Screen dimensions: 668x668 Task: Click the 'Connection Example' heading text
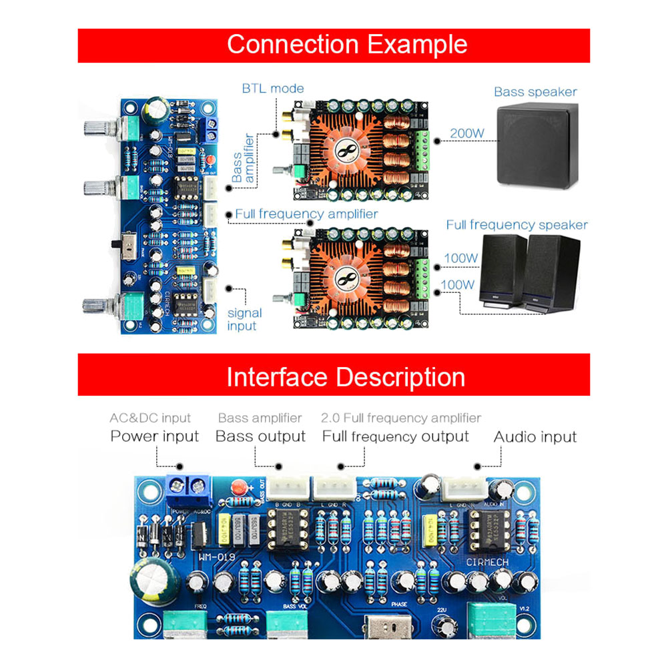pyautogui.click(x=347, y=45)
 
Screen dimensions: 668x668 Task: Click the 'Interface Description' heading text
pyautogui.click(x=346, y=377)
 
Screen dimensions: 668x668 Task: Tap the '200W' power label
pyautogui.click(x=466, y=133)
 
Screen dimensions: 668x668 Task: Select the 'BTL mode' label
pyautogui.click(x=272, y=88)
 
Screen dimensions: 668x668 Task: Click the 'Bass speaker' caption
pyautogui.click(x=535, y=92)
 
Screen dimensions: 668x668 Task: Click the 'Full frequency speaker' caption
pyautogui.click(x=517, y=225)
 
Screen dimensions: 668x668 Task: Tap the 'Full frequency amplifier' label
pyautogui.click(x=306, y=214)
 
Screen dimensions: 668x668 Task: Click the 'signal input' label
pyautogui.click(x=244, y=319)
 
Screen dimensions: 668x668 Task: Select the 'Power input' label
pyautogui.click(x=154, y=436)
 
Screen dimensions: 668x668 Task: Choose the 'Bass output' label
pyautogui.click(x=260, y=436)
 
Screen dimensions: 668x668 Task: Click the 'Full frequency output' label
pyautogui.click(x=396, y=436)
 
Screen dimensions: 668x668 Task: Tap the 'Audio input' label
pyautogui.click(x=535, y=436)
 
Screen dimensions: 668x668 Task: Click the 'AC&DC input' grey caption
pyautogui.click(x=150, y=418)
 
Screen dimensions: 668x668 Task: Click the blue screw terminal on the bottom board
pyautogui.click(x=188, y=490)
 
